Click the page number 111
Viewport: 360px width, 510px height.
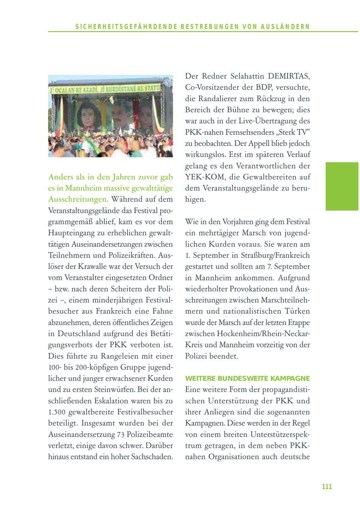point(327,486)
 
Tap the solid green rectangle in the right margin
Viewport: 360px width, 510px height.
point(342,186)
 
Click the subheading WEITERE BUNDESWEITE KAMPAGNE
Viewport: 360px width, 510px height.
point(248,378)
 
